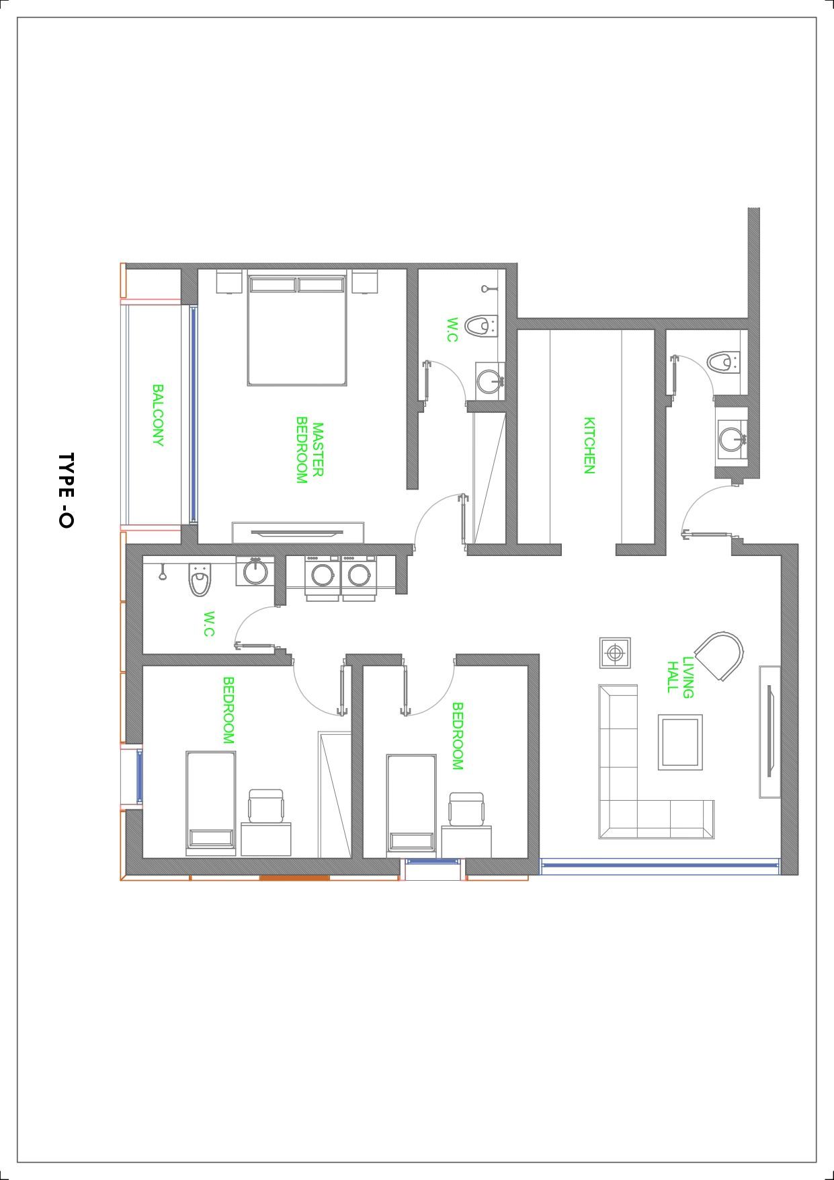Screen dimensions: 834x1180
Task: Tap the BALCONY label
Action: pos(158,416)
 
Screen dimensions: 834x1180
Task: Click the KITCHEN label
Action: pos(589,446)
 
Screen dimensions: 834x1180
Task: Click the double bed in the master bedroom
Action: pos(297,328)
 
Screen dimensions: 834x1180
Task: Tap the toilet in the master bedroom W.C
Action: pos(481,326)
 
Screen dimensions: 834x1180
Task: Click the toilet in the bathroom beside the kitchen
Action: pos(723,362)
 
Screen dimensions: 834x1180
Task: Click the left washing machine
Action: pos(322,576)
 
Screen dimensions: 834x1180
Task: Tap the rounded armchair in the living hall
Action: pos(720,656)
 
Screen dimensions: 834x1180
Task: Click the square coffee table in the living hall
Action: pos(680,742)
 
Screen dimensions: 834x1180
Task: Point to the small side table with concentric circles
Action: pos(615,652)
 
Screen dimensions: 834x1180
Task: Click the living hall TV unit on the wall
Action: pos(769,732)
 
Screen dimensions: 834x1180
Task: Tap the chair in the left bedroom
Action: pos(267,805)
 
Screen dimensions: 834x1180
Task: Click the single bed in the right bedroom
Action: pos(411,805)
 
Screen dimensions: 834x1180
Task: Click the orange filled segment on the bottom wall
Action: pos(294,878)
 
